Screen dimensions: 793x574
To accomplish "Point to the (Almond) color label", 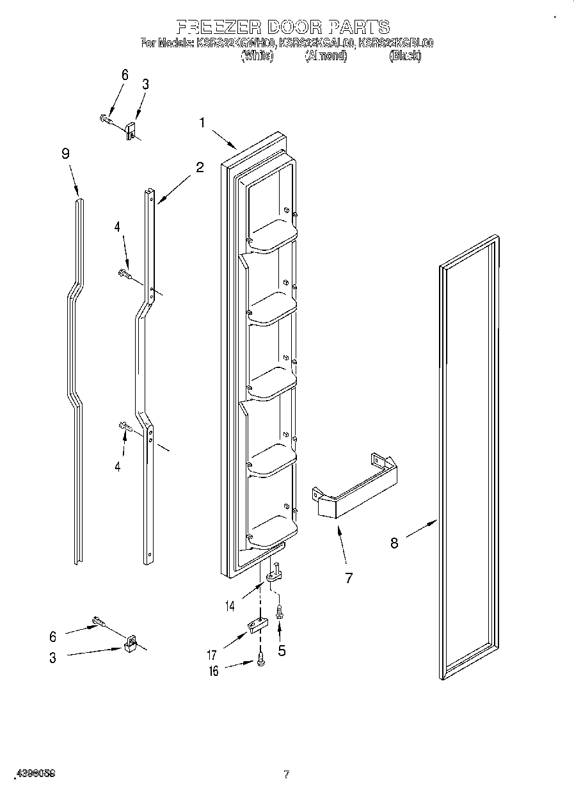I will click(326, 56).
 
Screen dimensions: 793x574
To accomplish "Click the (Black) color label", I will click(405, 56).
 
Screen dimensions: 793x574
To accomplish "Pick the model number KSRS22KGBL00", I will click(396, 44).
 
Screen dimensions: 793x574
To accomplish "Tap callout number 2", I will click(200, 168).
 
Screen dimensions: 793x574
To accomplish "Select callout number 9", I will click(65, 154).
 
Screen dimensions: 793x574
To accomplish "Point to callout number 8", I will click(394, 543).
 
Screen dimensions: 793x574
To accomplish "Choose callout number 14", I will click(230, 605).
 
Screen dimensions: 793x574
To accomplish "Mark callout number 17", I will click(212, 655).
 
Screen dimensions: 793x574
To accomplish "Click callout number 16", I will click(214, 671).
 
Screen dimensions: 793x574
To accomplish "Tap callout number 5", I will click(282, 651).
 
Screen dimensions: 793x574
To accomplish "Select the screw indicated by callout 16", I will click(261, 659).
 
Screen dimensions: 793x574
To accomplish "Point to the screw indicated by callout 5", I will click(279, 611).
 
